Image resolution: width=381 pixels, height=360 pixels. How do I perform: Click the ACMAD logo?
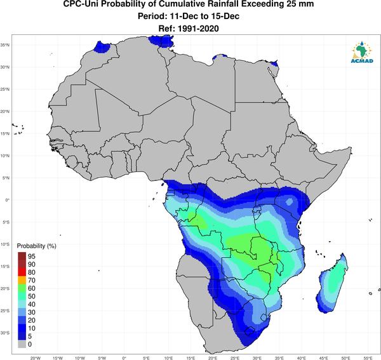[x=362, y=52]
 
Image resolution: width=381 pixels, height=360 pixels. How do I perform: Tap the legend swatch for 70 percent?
[x=22, y=281]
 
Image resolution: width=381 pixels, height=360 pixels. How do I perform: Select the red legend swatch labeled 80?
[x=22, y=272]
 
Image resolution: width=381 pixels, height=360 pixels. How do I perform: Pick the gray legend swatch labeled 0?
[x=22, y=344]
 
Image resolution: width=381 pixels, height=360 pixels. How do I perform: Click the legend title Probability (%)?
[x=36, y=246]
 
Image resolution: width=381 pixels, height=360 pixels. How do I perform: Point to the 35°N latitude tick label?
[x=5, y=45]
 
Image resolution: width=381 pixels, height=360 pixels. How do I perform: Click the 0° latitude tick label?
[x=8, y=200]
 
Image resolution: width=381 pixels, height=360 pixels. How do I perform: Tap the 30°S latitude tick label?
[x=5, y=333]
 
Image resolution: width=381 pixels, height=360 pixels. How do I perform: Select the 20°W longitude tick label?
[x=35, y=358]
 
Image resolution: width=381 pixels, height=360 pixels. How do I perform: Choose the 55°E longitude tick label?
[x=368, y=358]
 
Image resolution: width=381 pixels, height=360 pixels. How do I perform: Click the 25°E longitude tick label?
[x=235, y=358]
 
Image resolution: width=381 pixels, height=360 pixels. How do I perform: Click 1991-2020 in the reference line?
[x=198, y=29]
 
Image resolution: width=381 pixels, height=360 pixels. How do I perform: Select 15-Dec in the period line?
[x=227, y=17]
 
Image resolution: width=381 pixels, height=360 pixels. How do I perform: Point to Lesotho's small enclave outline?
[x=249, y=331]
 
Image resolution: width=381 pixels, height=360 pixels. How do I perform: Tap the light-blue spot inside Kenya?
[x=289, y=202]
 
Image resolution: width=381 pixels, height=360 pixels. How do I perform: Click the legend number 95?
[x=32, y=257]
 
